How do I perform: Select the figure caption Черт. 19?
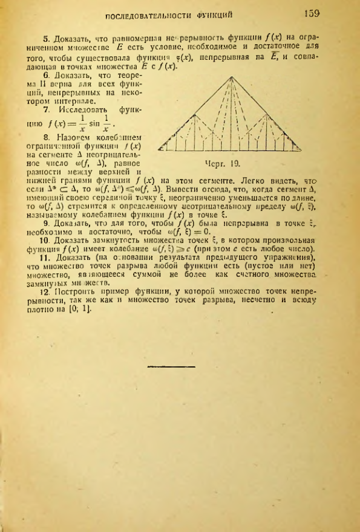211,162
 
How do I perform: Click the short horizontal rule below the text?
165,366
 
